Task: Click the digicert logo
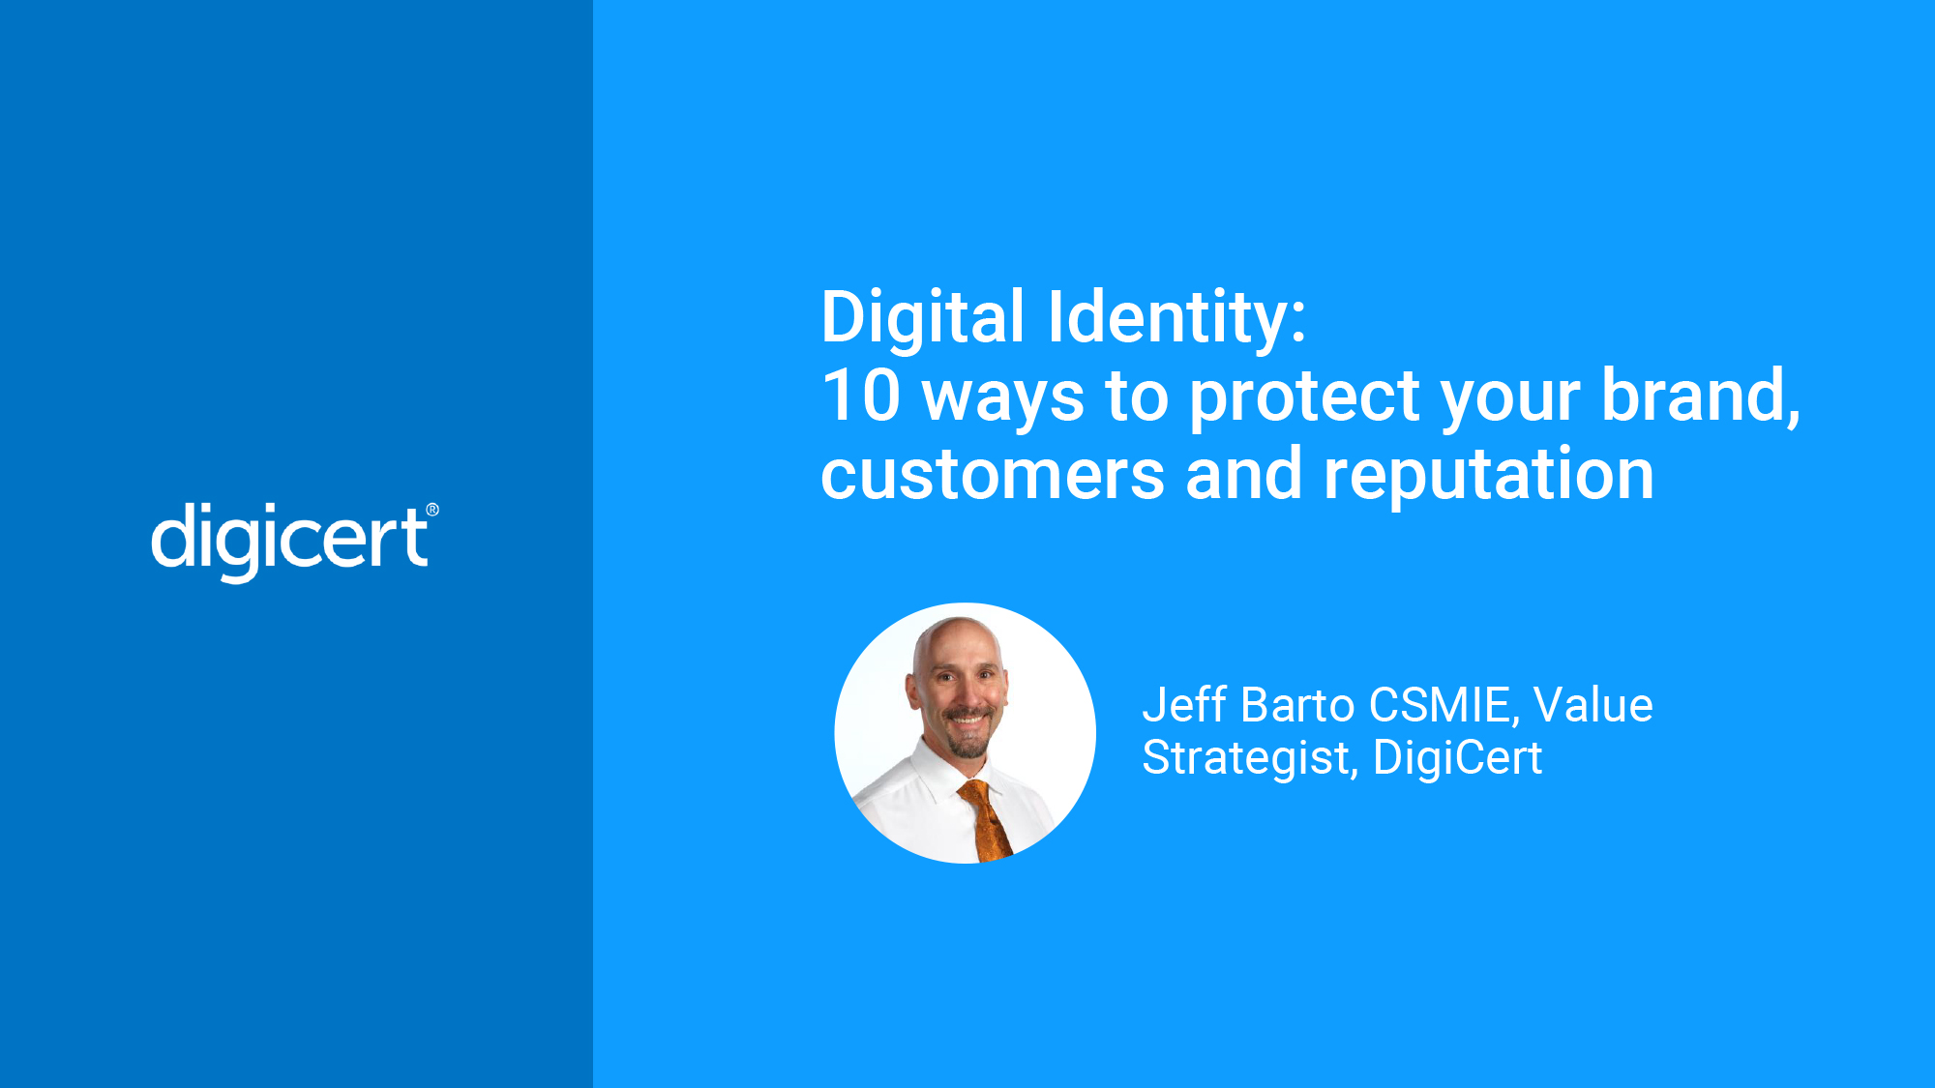click(x=295, y=541)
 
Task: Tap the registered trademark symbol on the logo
click(x=432, y=510)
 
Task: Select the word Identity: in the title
click(x=1177, y=319)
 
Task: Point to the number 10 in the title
click(x=861, y=396)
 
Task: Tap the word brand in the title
click(x=1701, y=397)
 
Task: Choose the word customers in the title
click(x=993, y=476)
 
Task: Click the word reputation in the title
click(x=1489, y=476)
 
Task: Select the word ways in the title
click(x=1003, y=400)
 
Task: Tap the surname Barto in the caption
click(x=1297, y=705)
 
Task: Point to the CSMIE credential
click(x=1445, y=706)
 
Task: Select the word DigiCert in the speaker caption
click(x=1458, y=757)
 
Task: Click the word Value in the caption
click(x=1593, y=705)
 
